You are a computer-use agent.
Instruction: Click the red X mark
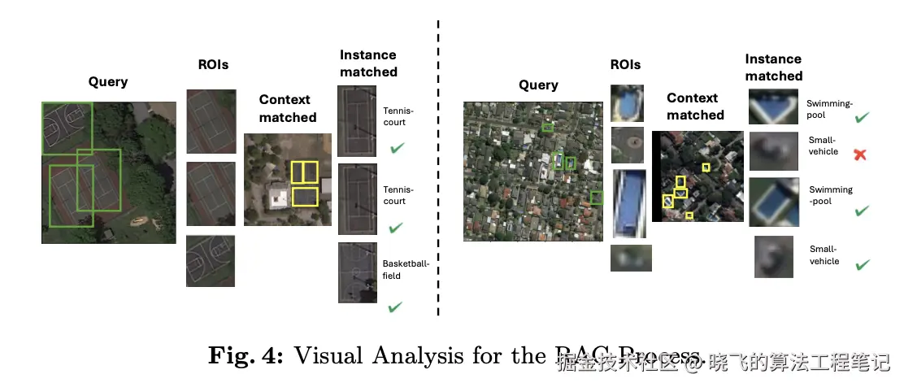(x=859, y=154)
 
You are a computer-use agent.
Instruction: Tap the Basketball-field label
(x=398, y=269)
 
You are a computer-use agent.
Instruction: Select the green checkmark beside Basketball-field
(x=396, y=307)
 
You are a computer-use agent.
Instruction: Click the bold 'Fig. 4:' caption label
(x=246, y=355)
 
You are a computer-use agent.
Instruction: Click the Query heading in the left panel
(x=108, y=81)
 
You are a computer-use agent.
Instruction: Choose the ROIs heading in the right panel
(x=625, y=64)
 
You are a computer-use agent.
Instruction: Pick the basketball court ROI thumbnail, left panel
(x=211, y=260)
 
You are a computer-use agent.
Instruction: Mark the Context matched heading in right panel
(x=695, y=107)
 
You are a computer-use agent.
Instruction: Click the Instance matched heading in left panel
(x=368, y=63)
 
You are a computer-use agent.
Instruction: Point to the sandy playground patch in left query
(x=137, y=220)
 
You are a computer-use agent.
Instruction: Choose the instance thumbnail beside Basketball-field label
(x=357, y=272)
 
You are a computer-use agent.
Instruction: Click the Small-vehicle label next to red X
(x=823, y=146)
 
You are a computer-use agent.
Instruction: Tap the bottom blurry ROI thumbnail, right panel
(x=631, y=258)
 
